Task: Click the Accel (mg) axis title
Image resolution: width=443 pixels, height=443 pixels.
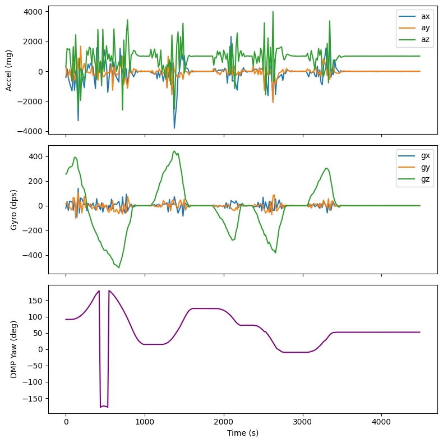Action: pos(9,70)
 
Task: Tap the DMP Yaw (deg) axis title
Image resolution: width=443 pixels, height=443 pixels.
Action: pos(14,349)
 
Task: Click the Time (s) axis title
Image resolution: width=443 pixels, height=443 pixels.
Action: pos(242,433)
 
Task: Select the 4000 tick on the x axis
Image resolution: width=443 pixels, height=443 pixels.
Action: pos(381,421)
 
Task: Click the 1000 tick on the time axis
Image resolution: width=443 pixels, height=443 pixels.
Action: pos(145,421)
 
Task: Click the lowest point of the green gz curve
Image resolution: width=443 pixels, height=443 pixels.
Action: pos(119,267)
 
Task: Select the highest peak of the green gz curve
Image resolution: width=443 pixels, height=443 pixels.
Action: pos(174,151)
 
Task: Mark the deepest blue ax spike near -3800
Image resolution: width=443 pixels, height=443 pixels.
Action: pos(174,128)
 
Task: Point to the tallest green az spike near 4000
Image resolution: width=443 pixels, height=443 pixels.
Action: pos(273,11)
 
